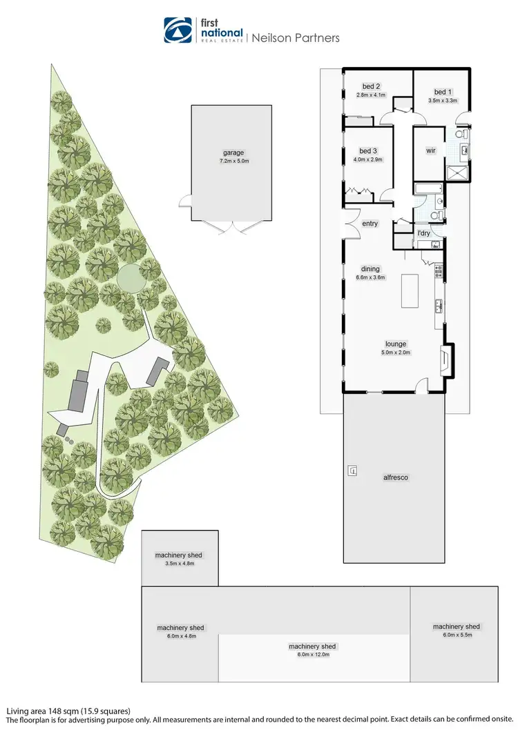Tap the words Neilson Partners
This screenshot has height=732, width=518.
pos(294,38)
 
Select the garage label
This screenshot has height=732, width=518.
pos(233,153)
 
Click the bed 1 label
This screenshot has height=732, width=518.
pos(443,92)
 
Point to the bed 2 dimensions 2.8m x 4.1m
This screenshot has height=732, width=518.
pos(371,95)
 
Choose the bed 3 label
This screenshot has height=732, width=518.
pos(367,151)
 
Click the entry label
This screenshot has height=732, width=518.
pos(370,223)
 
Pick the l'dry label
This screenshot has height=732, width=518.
pos(423,233)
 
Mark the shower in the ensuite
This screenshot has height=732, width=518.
pos(457,172)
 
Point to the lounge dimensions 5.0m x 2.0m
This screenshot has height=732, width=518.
pos(396,352)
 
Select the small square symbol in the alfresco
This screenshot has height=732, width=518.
pos(353,471)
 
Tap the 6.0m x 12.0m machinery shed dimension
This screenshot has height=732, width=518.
pos(312,654)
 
